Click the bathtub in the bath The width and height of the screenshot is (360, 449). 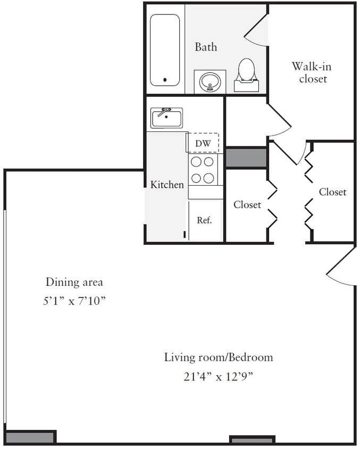(x=165, y=50)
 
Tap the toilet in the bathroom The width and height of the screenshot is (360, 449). (x=246, y=73)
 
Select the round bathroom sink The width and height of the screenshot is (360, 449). (x=210, y=82)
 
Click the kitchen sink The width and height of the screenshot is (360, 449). (x=166, y=118)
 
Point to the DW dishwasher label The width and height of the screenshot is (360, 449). (x=202, y=143)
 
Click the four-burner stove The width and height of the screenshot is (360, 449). (x=202, y=170)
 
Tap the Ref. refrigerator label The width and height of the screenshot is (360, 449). (x=204, y=220)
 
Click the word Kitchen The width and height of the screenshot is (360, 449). (x=167, y=185)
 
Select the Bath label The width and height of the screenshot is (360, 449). (x=206, y=47)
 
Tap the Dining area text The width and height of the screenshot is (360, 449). (x=74, y=282)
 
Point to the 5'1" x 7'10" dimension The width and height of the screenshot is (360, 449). (x=74, y=301)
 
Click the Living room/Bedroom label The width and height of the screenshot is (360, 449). (x=218, y=357)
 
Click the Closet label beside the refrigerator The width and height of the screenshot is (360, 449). (x=247, y=205)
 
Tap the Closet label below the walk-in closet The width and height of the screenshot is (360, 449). (x=332, y=192)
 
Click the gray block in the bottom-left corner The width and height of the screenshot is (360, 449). (x=30, y=437)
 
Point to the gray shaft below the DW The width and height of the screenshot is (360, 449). (x=246, y=158)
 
